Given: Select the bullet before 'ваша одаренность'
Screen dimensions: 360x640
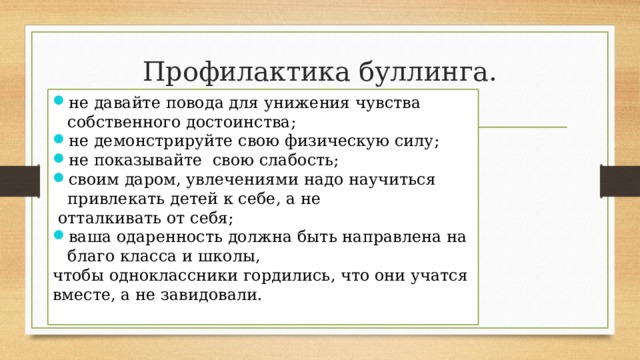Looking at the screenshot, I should tap(60, 237).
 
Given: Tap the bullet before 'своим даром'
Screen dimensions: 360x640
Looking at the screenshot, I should tap(60, 179).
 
